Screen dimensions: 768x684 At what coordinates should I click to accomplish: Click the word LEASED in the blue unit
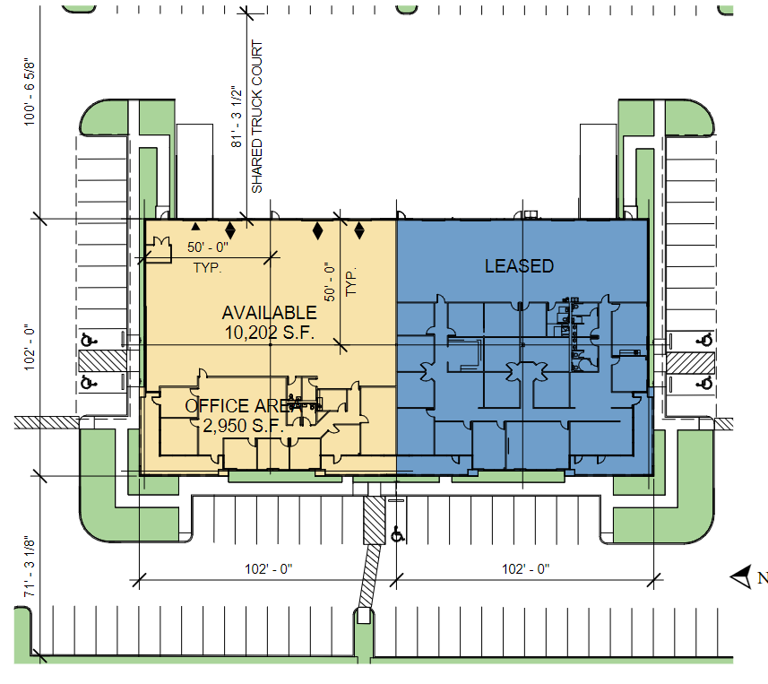coord(519,266)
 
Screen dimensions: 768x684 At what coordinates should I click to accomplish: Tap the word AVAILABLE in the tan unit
coord(270,313)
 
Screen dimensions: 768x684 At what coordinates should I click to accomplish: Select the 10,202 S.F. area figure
coord(270,333)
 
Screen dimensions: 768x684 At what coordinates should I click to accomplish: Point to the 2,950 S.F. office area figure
coord(244,426)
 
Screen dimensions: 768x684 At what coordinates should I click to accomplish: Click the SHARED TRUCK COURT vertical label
coord(257,117)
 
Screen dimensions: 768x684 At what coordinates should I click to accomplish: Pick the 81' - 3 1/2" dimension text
coord(237,117)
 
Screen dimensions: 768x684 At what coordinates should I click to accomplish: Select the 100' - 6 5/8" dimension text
coord(30,92)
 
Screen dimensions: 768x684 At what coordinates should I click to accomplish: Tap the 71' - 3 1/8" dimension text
coord(30,567)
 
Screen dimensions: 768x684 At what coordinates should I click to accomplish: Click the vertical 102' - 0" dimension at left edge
coord(30,347)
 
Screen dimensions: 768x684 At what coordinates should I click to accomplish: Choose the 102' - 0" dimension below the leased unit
coord(525,569)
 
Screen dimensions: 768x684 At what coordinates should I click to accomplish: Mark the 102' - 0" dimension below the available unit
coord(269,569)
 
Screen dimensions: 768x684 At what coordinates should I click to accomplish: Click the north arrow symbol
coord(741,576)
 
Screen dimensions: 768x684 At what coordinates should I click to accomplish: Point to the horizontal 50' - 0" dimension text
coord(208,247)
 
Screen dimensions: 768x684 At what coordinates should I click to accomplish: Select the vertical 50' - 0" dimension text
coord(330,281)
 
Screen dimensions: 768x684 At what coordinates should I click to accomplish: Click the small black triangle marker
coord(195,227)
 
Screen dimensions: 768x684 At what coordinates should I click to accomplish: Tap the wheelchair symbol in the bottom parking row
coord(398,534)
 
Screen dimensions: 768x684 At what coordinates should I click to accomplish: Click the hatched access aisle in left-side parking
coord(103,361)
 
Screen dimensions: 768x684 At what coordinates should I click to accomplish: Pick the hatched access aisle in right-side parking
coord(690,362)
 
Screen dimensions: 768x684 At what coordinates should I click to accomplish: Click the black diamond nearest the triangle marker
coord(229,230)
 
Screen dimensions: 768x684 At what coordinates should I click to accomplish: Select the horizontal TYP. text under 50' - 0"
coord(207,268)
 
